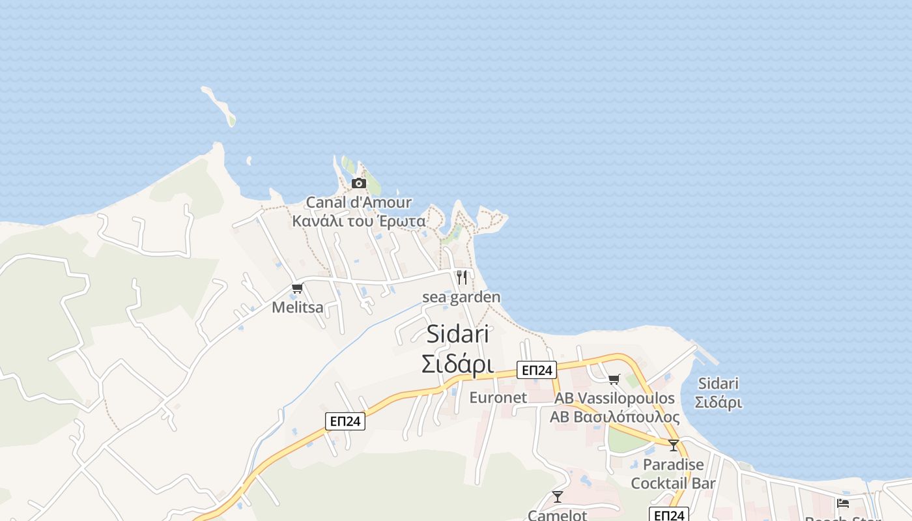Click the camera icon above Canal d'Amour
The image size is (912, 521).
[x=359, y=183]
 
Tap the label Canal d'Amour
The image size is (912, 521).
[x=359, y=203]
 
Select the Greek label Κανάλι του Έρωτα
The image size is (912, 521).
[x=359, y=221]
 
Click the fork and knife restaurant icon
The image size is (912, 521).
[x=462, y=277]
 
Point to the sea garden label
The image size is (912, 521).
[x=461, y=298]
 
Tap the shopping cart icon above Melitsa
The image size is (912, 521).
[x=298, y=288]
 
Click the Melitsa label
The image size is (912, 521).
[x=298, y=307]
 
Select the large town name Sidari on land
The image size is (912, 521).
[x=458, y=335]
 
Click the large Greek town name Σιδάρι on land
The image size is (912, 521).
[x=457, y=365]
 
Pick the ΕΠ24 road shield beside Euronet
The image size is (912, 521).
[x=537, y=370]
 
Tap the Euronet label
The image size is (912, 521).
[x=498, y=397]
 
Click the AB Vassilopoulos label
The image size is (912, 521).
[x=614, y=398]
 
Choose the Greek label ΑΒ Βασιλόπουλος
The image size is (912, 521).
[x=614, y=417]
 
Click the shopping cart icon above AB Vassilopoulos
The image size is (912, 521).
[x=614, y=379]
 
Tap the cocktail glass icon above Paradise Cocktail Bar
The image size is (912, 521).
[x=674, y=445]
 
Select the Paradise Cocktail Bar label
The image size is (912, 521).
[x=673, y=474]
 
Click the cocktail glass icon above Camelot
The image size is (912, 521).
[x=558, y=497]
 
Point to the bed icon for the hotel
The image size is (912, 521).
[x=843, y=503]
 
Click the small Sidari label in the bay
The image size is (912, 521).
[x=719, y=393]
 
